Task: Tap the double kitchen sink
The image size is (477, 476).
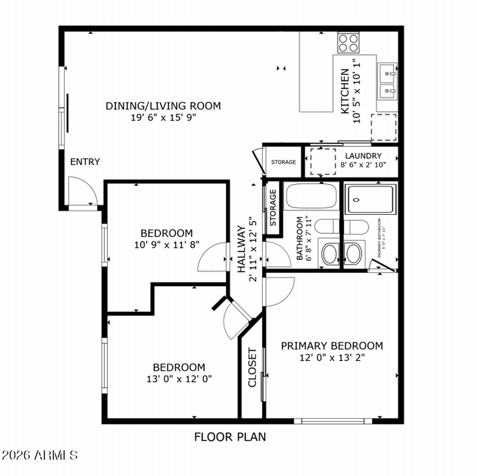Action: tap(387, 81)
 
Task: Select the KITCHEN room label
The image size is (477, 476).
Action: tap(344, 92)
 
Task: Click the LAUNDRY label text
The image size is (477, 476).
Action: tap(361, 156)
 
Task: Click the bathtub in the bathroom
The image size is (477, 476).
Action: tap(310, 197)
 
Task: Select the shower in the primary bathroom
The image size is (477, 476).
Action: tap(371, 197)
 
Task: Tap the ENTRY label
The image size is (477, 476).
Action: tap(84, 162)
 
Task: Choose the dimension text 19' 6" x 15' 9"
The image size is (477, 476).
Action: tap(162, 117)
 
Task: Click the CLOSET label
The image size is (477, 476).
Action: tap(252, 367)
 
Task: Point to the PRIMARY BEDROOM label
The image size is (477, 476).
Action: tap(332, 346)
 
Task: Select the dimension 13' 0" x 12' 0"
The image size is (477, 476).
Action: tap(178, 379)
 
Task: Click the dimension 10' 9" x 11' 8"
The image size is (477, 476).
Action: tap(167, 245)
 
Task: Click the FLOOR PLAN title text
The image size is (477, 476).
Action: tap(230, 437)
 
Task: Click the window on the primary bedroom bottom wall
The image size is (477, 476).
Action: tap(332, 421)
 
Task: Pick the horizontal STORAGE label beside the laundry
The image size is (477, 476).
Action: tap(283, 162)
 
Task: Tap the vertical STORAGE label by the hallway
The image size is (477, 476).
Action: tap(273, 208)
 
